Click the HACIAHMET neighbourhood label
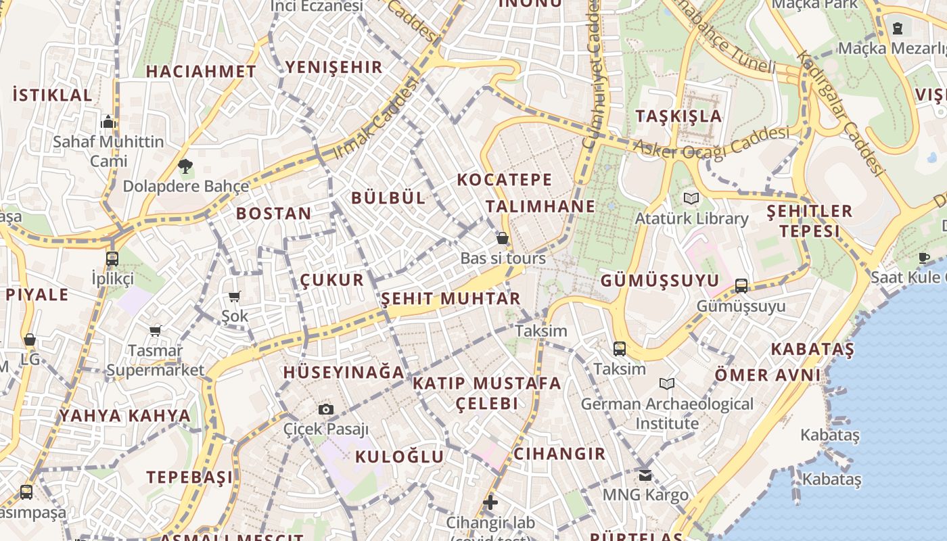(x=201, y=71)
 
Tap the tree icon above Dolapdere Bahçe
(x=185, y=166)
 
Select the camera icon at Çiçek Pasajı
(x=326, y=409)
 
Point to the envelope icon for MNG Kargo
(x=645, y=475)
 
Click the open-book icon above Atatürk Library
(x=691, y=198)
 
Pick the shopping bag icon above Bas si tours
(x=503, y=238)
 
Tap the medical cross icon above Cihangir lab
(x=490, y=502)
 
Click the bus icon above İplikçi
(x=112, y=258)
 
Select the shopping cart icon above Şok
(x=235, y=296)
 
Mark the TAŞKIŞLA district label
(x=678, y=116)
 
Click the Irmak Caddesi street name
(x=377, y=119)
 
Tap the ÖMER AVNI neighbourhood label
(x=767, y=375)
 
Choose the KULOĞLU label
(x=399, y=456)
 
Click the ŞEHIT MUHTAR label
(x=451, y=298)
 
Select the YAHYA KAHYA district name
(x=125, y=415)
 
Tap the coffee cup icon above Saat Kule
(x=924, y=257)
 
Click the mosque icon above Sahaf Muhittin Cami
(x=108, y=122)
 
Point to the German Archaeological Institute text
(x=667, y=413)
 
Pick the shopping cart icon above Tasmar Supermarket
(x=156, y=331)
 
